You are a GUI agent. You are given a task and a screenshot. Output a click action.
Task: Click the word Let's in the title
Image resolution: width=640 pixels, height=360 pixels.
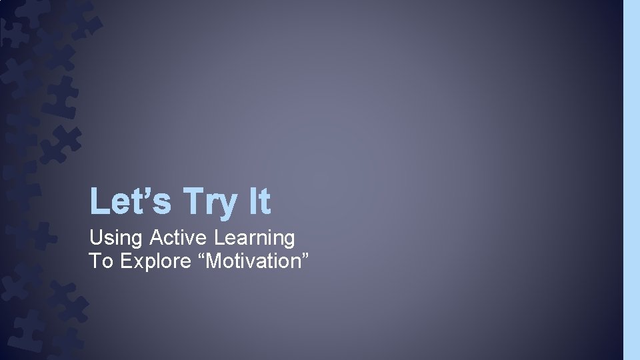[130, 201]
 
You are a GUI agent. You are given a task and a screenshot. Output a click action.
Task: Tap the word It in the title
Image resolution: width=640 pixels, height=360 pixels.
[260, 201]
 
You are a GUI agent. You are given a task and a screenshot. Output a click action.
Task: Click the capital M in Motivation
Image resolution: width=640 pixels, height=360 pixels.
[215, 261]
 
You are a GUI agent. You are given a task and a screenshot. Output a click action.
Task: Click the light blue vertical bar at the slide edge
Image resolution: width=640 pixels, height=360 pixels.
[631, 180]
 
